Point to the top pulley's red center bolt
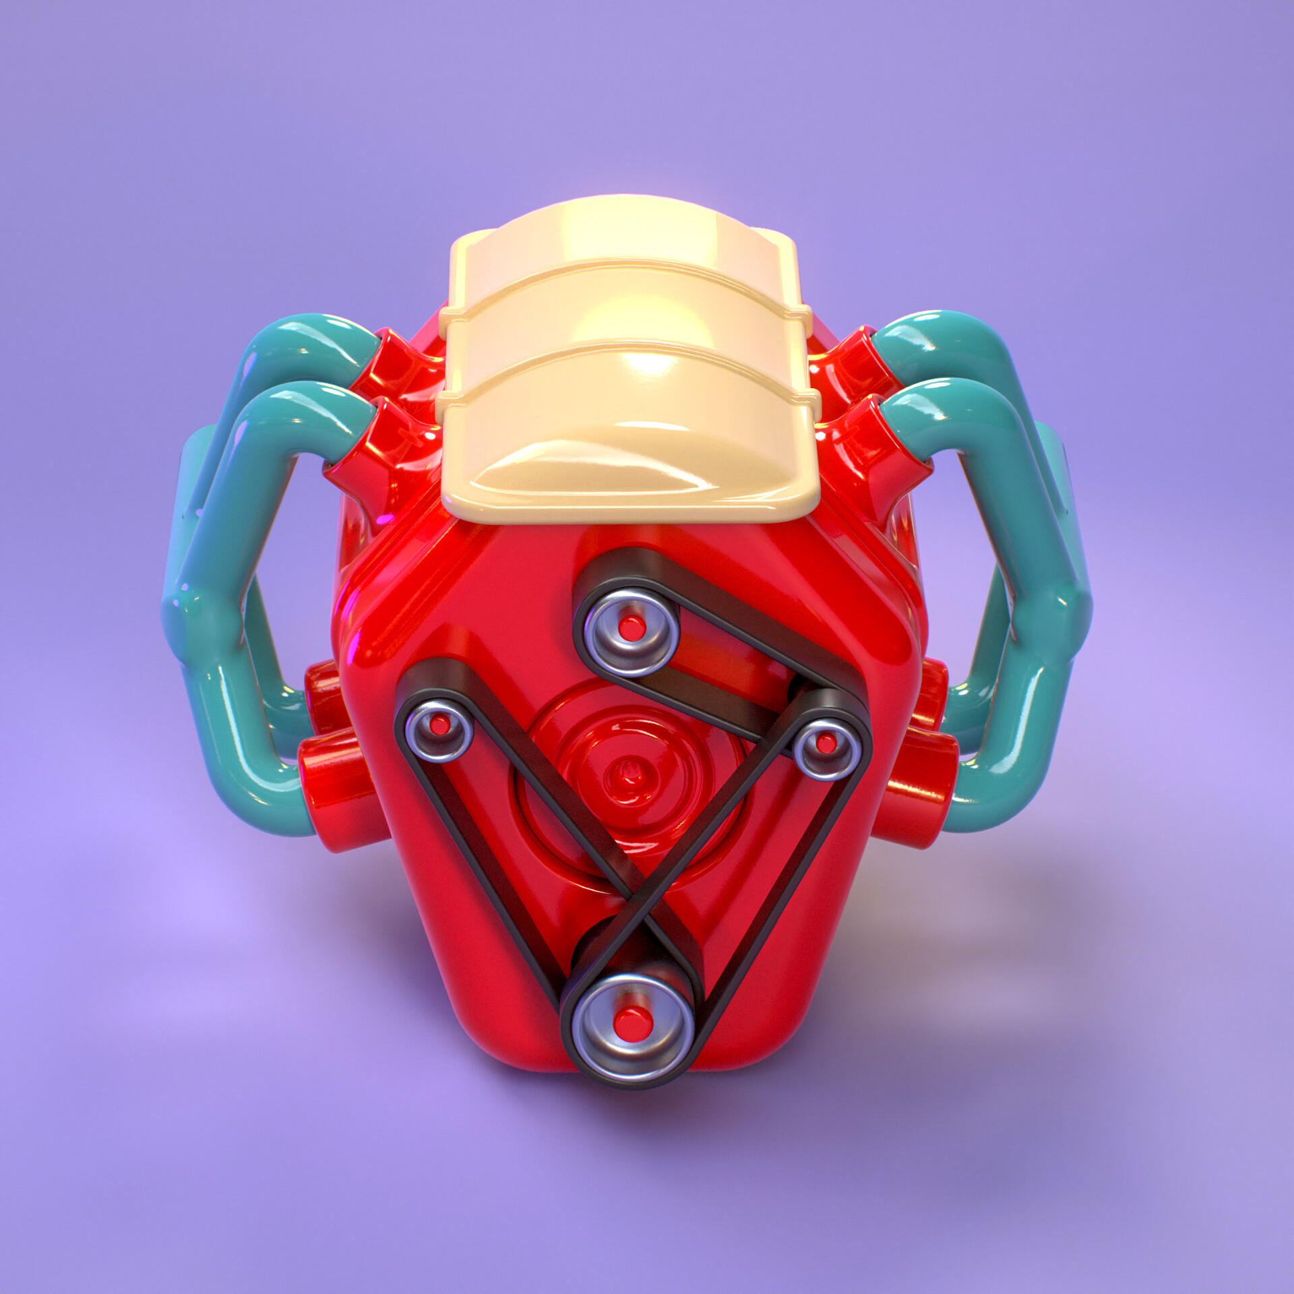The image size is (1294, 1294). (631, 629)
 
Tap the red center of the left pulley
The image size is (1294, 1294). (440, 725)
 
